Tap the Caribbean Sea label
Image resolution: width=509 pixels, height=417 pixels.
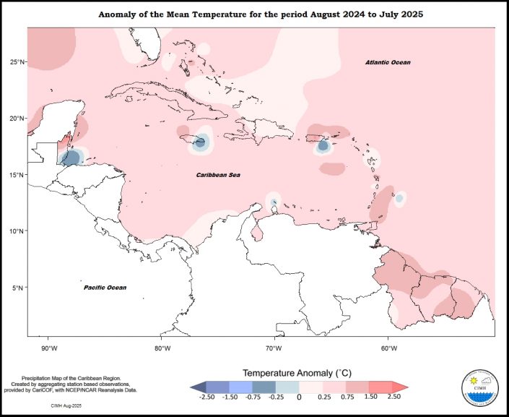pyautogui.click(x=219, y=175)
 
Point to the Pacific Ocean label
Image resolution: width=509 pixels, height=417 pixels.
pyautogui.click(x=105, y=288)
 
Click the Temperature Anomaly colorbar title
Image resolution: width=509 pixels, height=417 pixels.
pyautogui.click(x=298, y=373)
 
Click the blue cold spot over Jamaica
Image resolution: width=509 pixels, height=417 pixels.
pyautogui.click(x=200, y=142)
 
